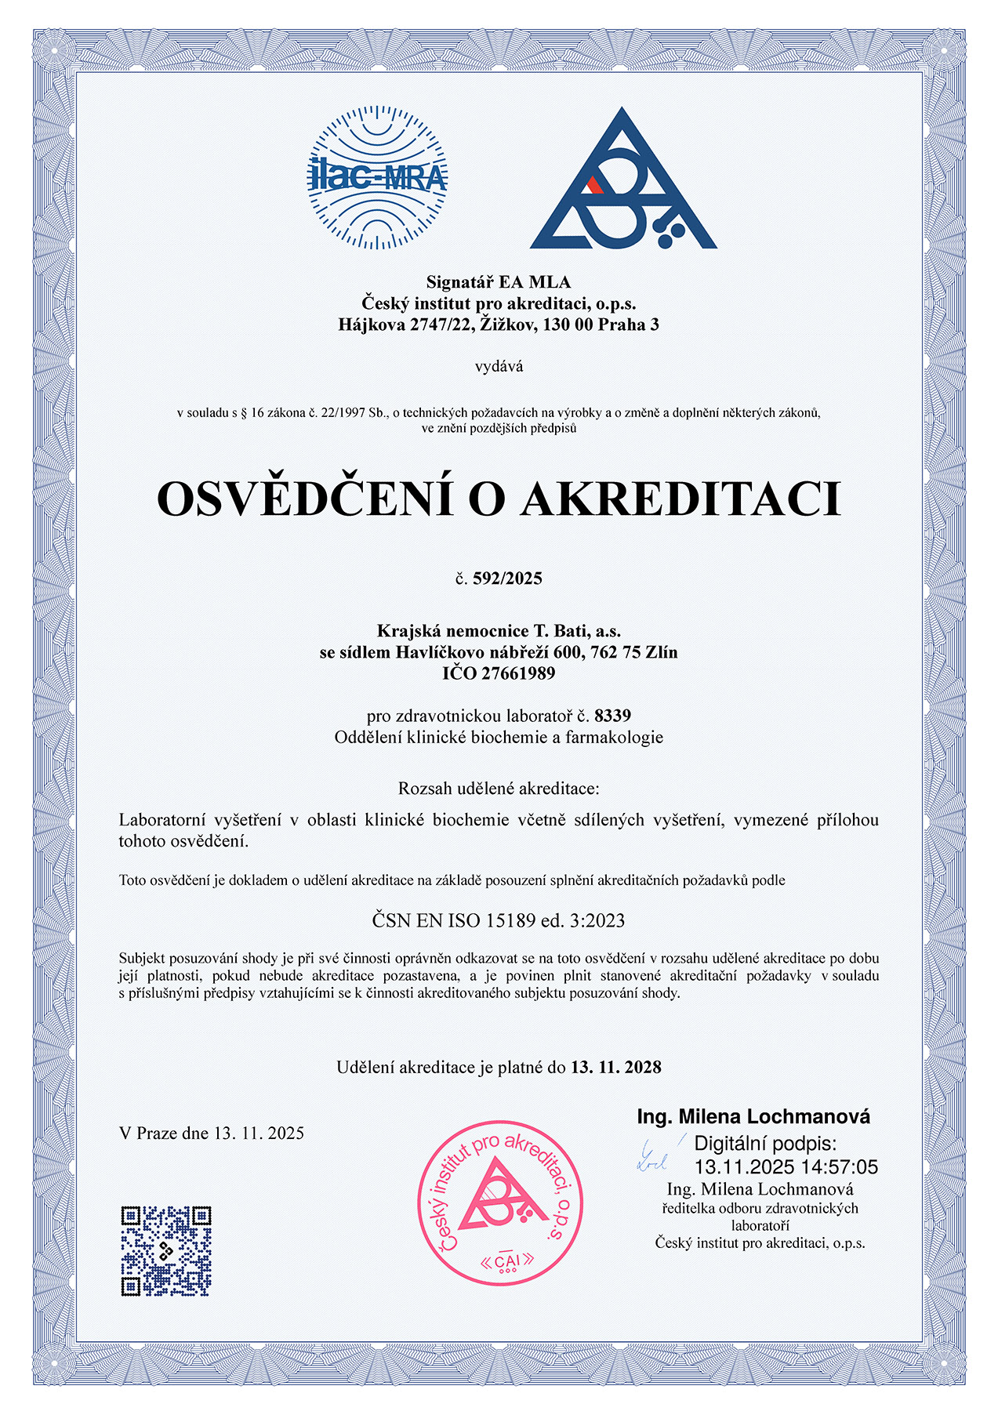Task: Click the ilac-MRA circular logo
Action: pyautogui.click(x=377, y=178)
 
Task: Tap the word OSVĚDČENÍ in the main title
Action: pyautogui.click(x=305, y=499)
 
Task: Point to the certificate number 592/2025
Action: pyautogui.click(x=507, y=579)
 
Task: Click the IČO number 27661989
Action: pyautogui.click(x=518, y=673)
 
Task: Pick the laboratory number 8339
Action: pyautogui.click(x=612, y=715)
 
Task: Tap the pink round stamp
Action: pyautogui.click(x=499, y=1202)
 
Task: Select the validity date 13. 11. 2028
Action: pyautogui.click(x=615, y=1067)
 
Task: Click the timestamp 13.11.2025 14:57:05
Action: pyautogui.click(x=786, y=1167)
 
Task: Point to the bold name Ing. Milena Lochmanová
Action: pyautogui.click(x=753, y=1116)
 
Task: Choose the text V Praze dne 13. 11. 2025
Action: pyautogui.click(x=212, y=1133)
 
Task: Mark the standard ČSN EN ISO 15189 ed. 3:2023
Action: pyautogui.click(x=499, y=920)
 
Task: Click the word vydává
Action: pyautogui.click(x=499, y=366)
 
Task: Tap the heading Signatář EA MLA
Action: pyautogui.click(x=499, y=282)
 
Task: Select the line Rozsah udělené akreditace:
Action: pyautogui.click(x=499, y=788)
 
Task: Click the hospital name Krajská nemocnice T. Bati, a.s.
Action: pyautogui.click(x=499, y=630)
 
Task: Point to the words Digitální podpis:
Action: pyautogui.click(x=765, y=1143)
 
